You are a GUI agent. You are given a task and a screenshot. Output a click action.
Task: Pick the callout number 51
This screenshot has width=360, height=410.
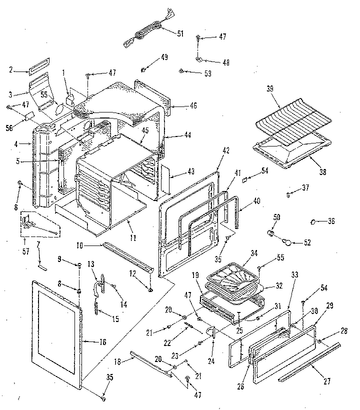pyautogui.click(x=180, y=33)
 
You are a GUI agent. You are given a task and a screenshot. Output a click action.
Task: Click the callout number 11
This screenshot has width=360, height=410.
pyautogui.click(x=132, y=238)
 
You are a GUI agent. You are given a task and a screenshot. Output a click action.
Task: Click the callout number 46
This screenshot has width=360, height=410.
pyautogui.click(x=180, y=106)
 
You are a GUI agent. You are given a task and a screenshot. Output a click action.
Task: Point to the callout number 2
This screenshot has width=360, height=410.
pyautogui.click(x=11, y=70)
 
